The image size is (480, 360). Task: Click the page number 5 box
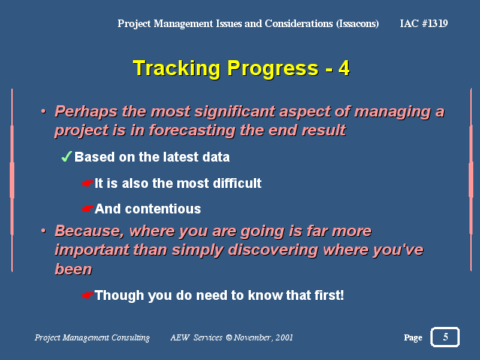click(445, 337)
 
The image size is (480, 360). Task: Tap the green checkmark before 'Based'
click(67, 156)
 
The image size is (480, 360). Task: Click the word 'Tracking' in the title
click(177, 68)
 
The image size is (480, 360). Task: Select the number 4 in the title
click(344, 68)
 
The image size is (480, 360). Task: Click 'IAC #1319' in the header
click(424, 23)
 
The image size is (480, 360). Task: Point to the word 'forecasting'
click(192, 131)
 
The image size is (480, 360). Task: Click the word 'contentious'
click(163, 209)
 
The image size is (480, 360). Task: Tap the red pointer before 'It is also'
click(88, 183)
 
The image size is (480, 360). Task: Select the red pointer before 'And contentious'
click(88, 209)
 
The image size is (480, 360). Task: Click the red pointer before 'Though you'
click(88, 295)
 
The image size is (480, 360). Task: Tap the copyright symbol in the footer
click(228, 337)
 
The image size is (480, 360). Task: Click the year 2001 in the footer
click(284, 337)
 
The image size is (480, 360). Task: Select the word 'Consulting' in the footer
click(131, 337)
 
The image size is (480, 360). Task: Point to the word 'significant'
click(234, 111)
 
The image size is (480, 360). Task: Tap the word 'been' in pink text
click(74, 269)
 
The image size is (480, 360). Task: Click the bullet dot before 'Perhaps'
click(44, 111)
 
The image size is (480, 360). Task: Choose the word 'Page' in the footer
click(413, 337)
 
